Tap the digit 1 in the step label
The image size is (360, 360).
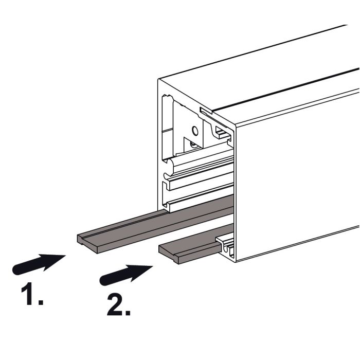pos(28,294)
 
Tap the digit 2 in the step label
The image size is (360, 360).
pos(115,305)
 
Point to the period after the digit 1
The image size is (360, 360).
pos(41,302)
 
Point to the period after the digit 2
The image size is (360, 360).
pos(128,313)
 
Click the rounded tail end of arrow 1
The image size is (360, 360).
pos(15,271)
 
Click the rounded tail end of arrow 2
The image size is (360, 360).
pos(103,281)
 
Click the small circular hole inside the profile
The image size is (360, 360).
pos(195,131)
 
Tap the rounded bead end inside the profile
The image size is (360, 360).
pos(170,166)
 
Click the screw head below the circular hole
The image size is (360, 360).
pos(193,145)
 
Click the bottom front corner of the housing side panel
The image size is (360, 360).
pos(236,262)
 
